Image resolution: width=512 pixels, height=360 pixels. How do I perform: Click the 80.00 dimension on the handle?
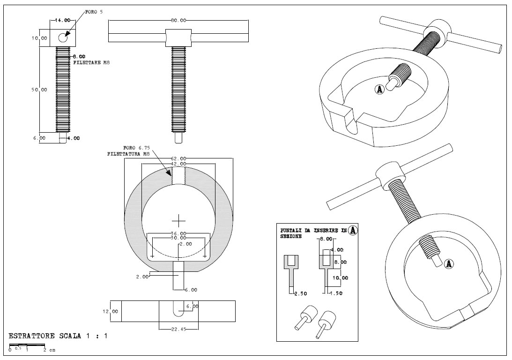[x=178, y=21]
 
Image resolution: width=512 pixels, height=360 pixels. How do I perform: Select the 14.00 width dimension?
[x=63, y=21]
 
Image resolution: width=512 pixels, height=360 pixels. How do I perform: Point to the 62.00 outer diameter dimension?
[x=178, y=158]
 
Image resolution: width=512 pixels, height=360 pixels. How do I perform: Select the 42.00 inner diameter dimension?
[x=178, y=164]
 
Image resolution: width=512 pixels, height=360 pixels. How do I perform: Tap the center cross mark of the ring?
[x=178, y=219]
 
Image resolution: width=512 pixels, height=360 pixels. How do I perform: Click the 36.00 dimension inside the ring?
[x=178, y=233]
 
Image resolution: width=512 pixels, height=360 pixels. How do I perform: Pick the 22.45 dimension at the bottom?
[x=178, y=329]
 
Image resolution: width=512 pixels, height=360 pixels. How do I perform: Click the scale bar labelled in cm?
[x=28, y=347]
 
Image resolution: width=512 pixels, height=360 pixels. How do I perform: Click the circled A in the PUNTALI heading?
[x=353, y=230]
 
